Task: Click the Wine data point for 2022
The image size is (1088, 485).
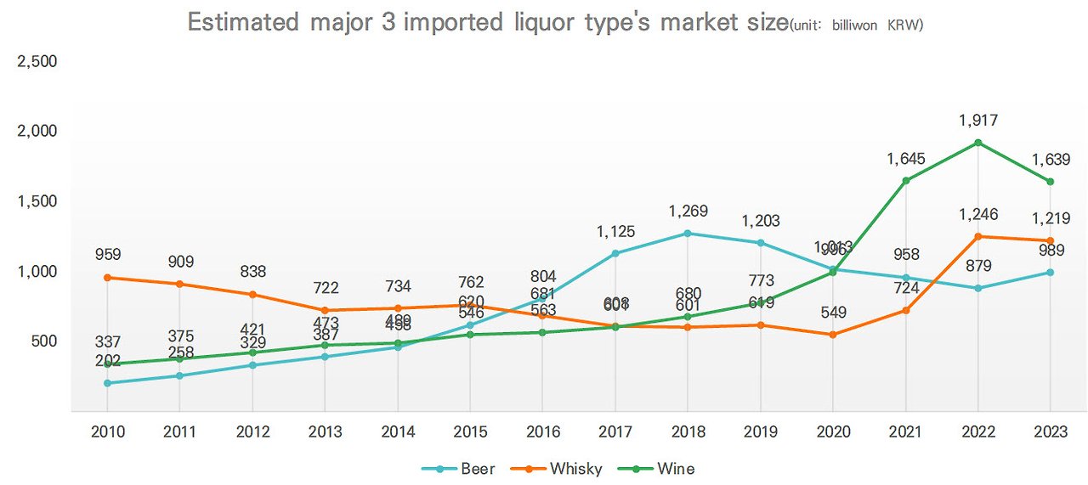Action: tap(978, 143)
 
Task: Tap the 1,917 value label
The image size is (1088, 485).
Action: tap(977, 121)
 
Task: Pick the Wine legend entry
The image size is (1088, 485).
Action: tap(665, 468)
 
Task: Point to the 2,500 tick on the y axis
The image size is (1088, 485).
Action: tap(37, 62)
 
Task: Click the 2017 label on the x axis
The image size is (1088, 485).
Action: tap(615, 431)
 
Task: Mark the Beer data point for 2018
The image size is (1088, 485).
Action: tap(688, 233)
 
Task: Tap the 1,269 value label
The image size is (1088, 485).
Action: tap(688, 211)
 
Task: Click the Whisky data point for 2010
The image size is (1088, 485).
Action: tap(108, 278)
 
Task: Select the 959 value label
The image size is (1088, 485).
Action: tap(108, 254)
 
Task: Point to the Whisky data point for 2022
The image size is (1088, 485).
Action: tap(978, 236)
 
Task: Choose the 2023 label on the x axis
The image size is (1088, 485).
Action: tap(1051, 431)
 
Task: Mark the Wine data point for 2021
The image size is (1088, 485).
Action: tap(906, 180)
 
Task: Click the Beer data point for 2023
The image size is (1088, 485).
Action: tap(1051, 273)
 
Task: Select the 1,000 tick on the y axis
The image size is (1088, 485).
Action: tap(37, 272)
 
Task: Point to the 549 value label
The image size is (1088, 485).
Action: tap(833, 313)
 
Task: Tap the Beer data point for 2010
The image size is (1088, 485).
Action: tap(108, 383)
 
